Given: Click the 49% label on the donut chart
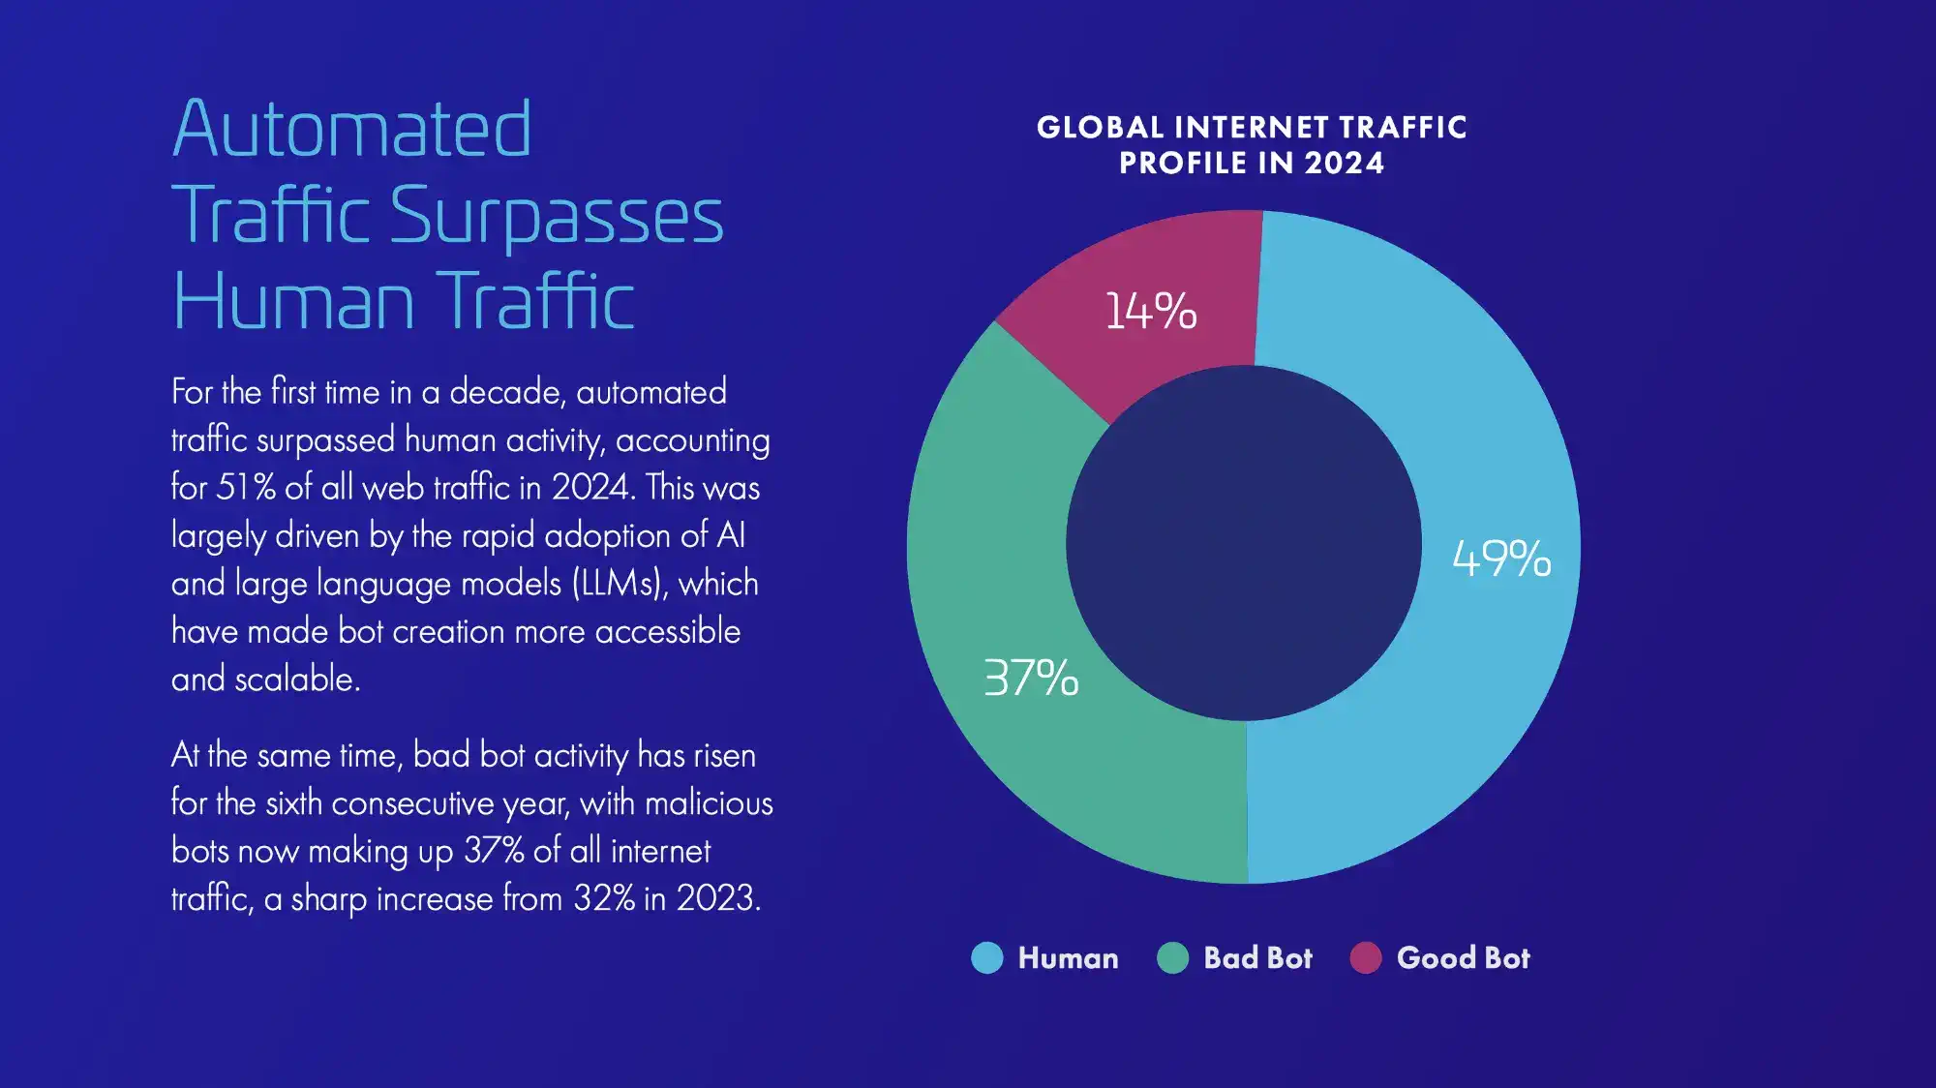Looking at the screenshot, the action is tap(1501, 559).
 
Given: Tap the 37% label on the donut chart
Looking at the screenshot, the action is tap(1031, 677).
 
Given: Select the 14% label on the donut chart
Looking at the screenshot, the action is tap(1151, 311).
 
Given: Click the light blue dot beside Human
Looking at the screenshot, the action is tap(987, 957).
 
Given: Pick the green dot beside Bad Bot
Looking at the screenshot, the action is tap(1172, 957).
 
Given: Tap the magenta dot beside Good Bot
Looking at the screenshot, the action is tap(1366, 957).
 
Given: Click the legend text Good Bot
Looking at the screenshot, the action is tap(1463, 957).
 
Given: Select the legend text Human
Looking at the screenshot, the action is tap(1068, 957).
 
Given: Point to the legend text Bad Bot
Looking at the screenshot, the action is tap(1257, 957).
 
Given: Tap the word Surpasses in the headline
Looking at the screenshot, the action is tap(557, 217).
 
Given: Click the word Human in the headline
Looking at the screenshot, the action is tap(293, 301).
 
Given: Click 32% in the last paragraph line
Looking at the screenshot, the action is tap(604, 898).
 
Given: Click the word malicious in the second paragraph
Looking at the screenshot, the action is tap(709, 802).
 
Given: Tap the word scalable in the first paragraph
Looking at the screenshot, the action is tap(298, 679).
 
